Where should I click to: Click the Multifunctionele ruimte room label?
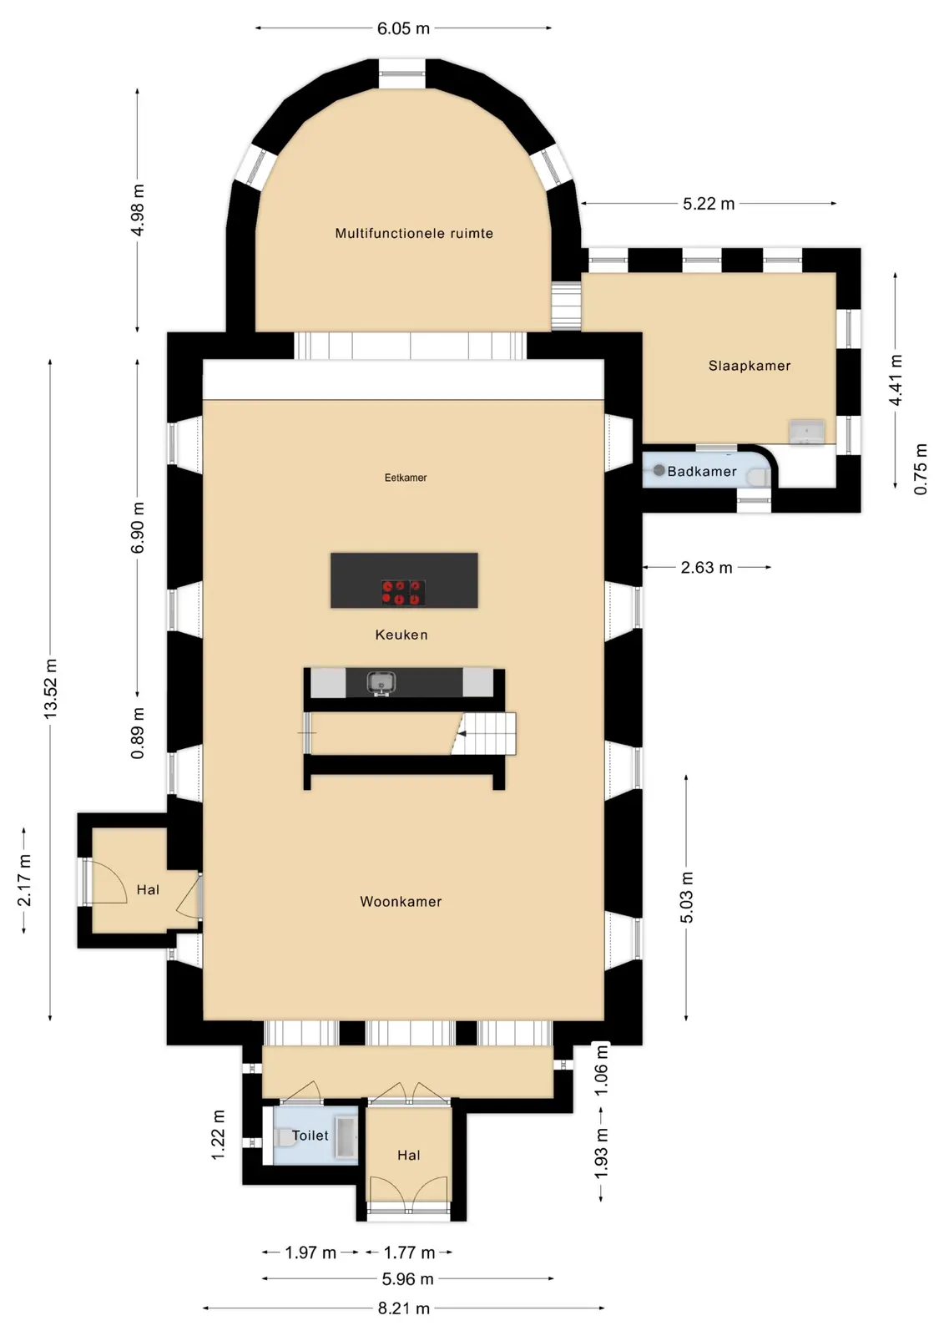414,233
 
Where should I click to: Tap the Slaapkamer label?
749,366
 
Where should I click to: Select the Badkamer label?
702,471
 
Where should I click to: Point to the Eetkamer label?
406,477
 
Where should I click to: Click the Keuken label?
401,635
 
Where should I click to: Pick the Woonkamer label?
401,901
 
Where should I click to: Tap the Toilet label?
310,1135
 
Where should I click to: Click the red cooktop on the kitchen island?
403,593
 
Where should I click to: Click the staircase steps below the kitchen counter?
483,734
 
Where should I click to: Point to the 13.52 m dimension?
51,688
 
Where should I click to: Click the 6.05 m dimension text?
403,28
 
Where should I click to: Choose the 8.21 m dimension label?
404,1308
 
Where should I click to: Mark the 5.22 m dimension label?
709,204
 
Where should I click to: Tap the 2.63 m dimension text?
707,567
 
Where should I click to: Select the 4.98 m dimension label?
138,210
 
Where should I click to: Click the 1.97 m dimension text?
310,1252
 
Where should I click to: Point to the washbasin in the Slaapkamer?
807,432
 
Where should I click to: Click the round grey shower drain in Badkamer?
659,471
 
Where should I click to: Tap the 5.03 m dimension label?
686,897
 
